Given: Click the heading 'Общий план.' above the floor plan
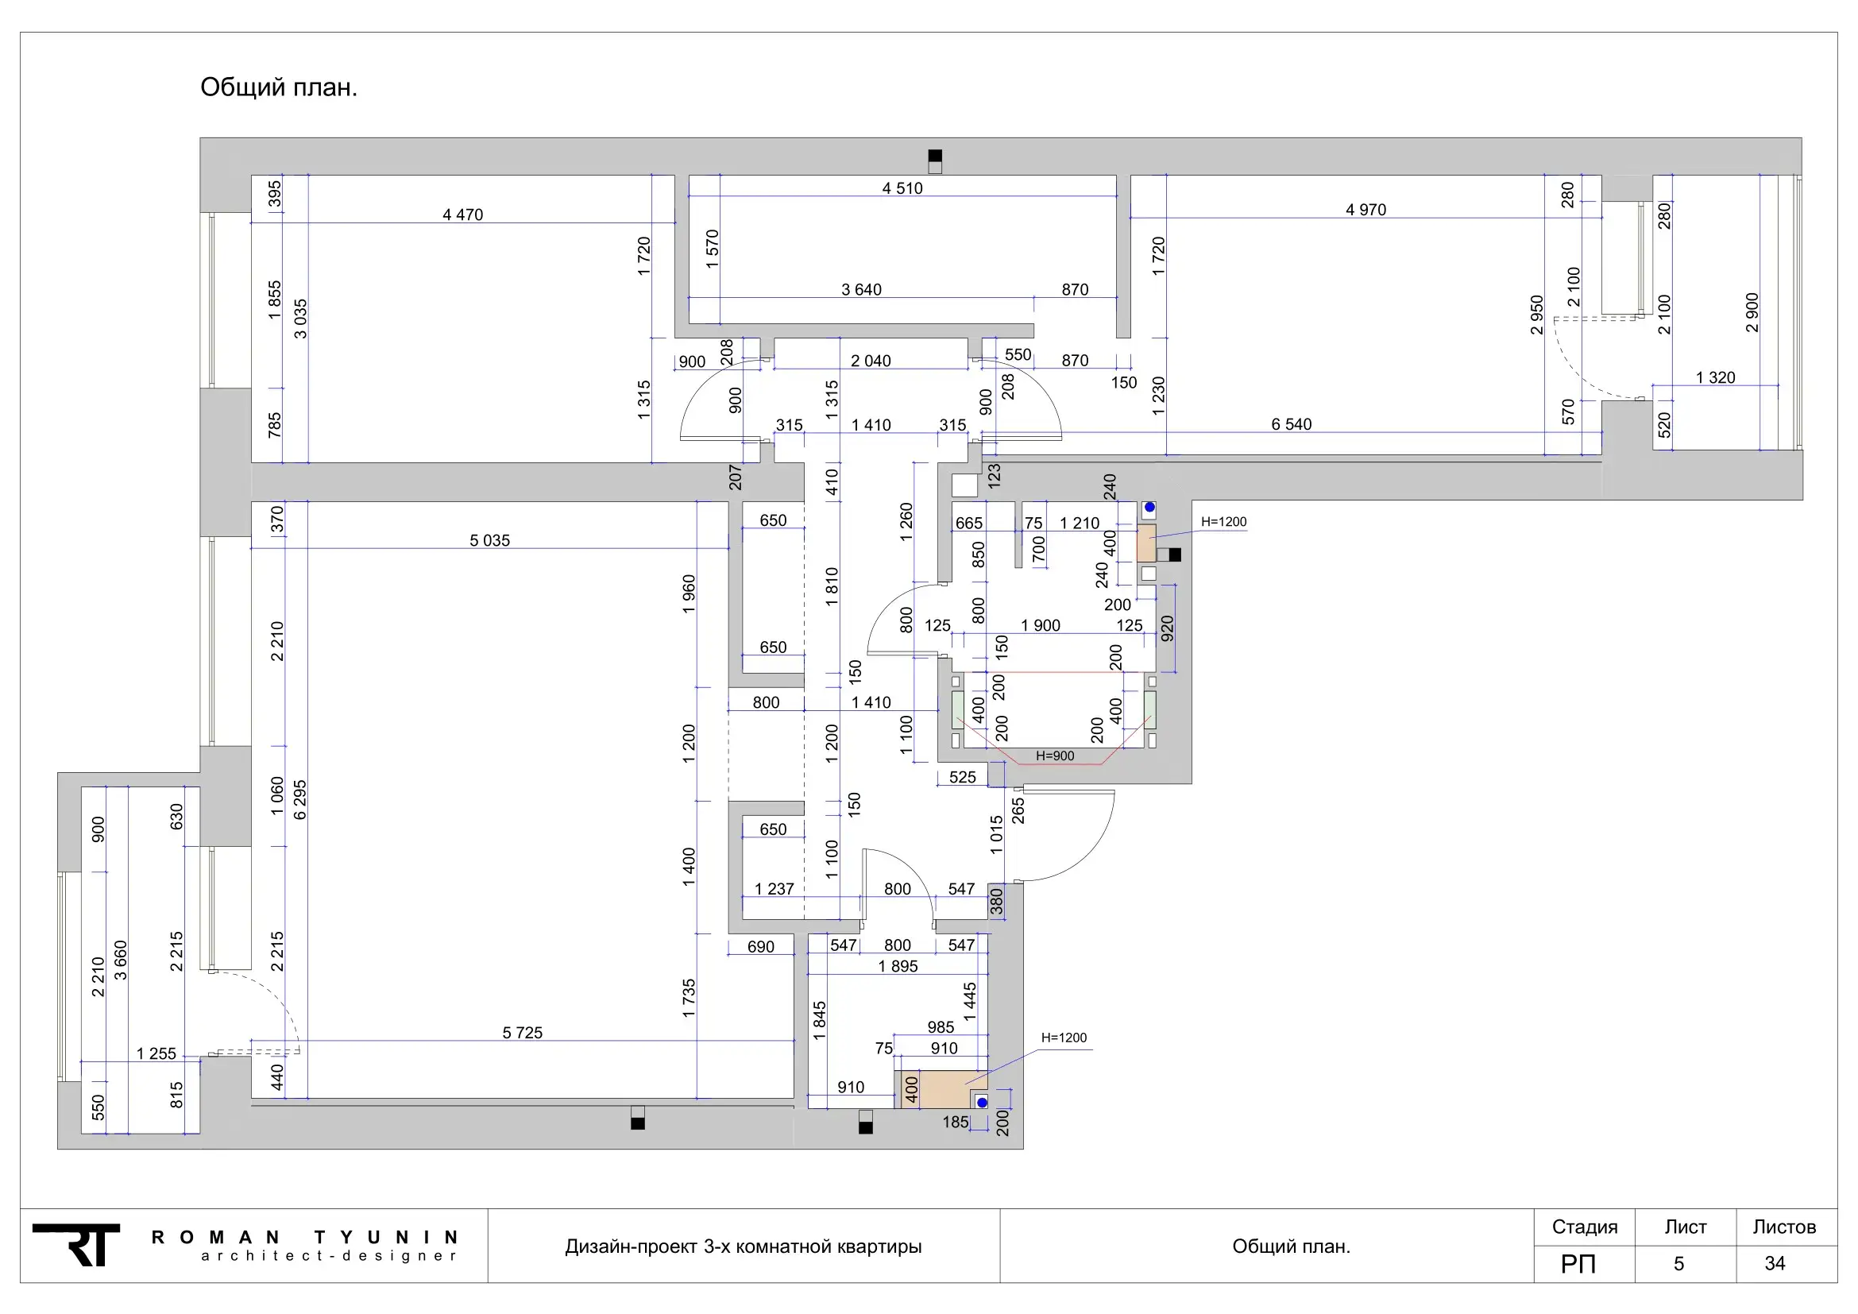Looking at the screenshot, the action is coord(278,87).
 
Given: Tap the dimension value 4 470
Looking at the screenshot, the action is coord(463,214).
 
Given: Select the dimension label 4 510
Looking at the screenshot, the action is coord(902,188).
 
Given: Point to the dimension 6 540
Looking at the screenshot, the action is coord(1292,424).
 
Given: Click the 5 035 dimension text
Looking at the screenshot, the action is coord(489,540).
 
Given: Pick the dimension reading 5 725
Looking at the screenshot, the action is coord(523,1033).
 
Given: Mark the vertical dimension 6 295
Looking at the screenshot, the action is coord(300,800).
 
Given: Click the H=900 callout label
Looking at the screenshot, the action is coord(1055,756).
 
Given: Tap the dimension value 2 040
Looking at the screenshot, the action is coord(871,361).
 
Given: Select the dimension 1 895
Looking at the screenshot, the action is coord(898,966).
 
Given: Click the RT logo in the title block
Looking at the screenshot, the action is coord(77,1244).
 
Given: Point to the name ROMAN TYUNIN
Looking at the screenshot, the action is coord(305,1237).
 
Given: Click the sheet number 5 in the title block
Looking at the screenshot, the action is coord(1679,1264).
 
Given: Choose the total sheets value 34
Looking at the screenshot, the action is coord(1775,1264).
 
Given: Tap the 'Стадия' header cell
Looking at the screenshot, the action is coord(1585,1227).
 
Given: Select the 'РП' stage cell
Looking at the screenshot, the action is coord(1578,1264).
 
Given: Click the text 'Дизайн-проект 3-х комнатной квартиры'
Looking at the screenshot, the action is coord(743,1246).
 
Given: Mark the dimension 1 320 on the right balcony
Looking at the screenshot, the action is coord(1716,378).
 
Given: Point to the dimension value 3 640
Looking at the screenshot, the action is coord(862,290).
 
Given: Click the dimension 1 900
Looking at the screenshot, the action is coord(1041,625).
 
